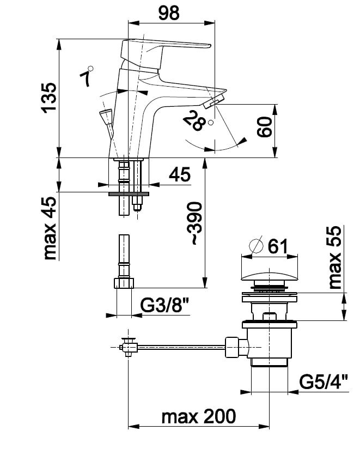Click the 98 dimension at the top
(169, 14)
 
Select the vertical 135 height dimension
(48, 98)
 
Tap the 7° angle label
(86, 77)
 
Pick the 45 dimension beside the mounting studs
(179, 175)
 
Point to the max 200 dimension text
(199, 417)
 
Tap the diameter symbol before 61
(255, 246)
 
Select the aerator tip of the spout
(213, 101)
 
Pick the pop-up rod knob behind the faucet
(105, 116)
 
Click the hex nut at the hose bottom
(124, 283)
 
